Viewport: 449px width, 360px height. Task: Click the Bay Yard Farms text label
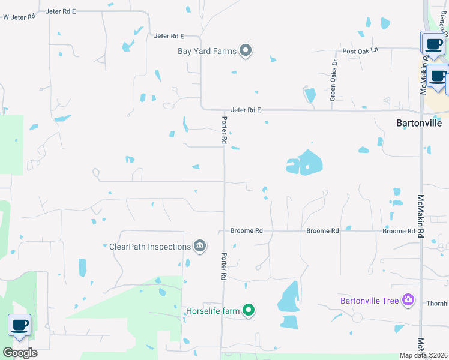coord(207,51)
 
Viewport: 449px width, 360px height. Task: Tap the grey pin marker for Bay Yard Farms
coord(246,51)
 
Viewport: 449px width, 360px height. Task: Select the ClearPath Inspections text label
coord(149,246)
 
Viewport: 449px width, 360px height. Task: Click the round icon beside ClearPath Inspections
coord(200,245)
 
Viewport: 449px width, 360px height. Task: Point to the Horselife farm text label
coord(212,310)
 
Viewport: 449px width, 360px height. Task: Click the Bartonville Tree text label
coord(369,300)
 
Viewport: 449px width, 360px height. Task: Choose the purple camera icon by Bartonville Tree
coord(408,299)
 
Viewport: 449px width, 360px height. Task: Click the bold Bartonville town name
coord(419,124)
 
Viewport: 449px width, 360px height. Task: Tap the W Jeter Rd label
coord(19,17)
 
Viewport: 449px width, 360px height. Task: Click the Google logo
coord(20,353)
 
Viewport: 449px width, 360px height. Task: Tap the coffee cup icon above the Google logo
coord(19,326)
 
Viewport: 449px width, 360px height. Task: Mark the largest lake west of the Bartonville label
coord(305,162)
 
